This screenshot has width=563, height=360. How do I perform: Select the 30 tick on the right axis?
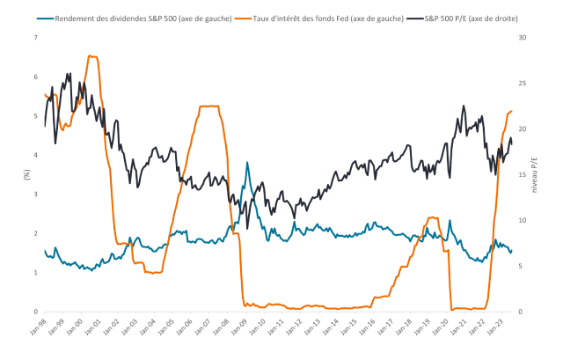523,38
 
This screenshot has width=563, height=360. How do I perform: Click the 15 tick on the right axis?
523,174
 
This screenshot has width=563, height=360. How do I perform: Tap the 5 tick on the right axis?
521,266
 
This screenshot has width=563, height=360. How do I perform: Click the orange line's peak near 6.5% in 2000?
91,56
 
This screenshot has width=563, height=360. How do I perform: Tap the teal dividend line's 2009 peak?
247,163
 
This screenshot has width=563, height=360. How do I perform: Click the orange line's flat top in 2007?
209,107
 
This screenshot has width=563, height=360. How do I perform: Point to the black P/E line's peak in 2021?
464,107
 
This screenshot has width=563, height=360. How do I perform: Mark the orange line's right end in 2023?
512,111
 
